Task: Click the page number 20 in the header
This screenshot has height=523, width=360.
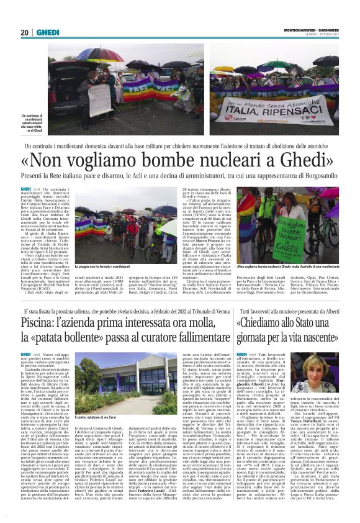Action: [x=24, y=32]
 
